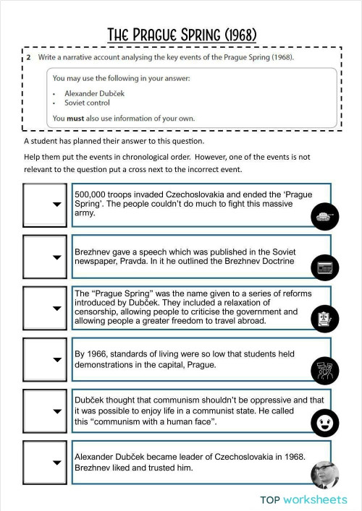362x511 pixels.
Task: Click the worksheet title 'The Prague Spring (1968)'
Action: click(x=181, y=35)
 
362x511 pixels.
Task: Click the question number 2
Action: click(x=28, y=57)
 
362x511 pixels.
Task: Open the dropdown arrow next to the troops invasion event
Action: click(x=56, y=205)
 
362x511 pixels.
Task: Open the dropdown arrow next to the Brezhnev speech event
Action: click(x=56, y=257)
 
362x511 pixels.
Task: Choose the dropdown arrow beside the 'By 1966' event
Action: click(x=56, y=360)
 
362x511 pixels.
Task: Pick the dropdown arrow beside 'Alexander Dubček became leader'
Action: click(x=56, y=463)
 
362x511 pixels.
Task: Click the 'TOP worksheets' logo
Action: click(x=303, y=499)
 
